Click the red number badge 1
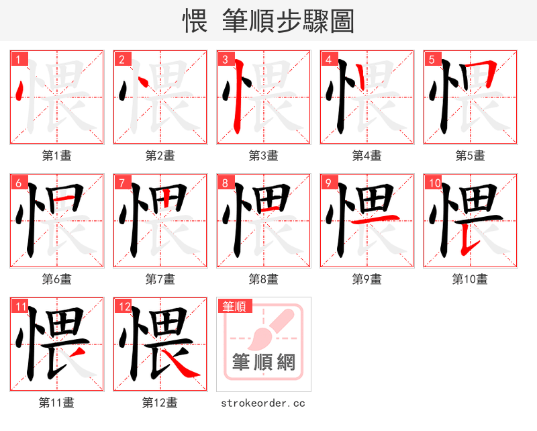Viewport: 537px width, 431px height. point(18,59)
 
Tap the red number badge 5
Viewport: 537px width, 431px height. point(432,59)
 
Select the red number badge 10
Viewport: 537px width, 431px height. point(434,183)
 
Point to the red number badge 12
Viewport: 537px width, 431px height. point(124,307)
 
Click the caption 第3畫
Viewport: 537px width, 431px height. point(263,155)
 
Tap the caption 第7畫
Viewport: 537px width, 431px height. point(160,279)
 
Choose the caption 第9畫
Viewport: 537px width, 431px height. point(367,279)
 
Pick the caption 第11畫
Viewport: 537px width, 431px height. point(56,403)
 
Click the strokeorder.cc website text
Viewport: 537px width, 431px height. point(263,403)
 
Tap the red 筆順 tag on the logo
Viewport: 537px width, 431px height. point(234,307)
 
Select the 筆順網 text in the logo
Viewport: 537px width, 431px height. point(264,363)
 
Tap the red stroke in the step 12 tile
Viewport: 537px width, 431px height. point(181,366)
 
